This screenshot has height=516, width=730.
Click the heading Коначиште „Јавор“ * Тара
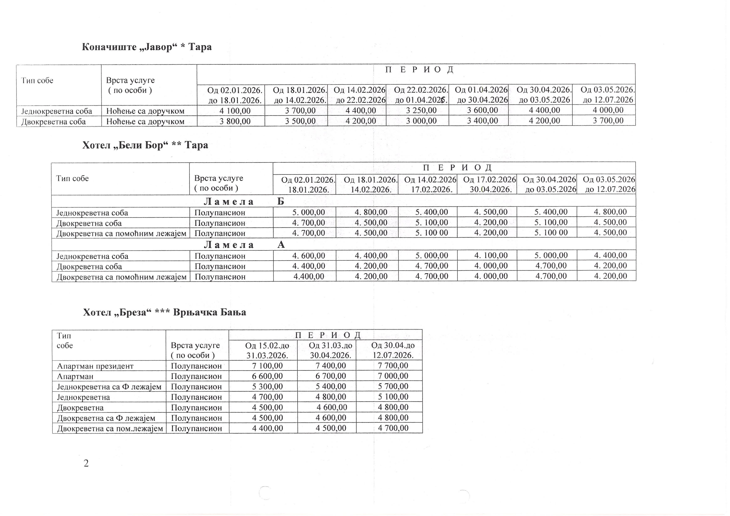click(147, 47)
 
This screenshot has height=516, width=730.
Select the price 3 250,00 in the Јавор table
click(421, 110)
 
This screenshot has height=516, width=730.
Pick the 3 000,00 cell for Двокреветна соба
click(421, 121)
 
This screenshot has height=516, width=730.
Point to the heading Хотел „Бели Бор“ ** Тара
click(145, 145)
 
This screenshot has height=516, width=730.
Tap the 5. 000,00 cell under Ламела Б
click(308, 212)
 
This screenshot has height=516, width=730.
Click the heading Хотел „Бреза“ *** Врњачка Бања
click(164, 312)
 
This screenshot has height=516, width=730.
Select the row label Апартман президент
click(95, 366)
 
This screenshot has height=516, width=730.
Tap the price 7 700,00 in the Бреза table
click(393, 366)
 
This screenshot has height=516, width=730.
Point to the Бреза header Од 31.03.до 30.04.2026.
click(331, 350)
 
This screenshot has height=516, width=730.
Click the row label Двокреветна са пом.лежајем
click(110, 429)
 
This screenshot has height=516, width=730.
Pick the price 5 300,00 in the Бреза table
click(267, 387)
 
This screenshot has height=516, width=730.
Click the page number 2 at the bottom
click(86, 464)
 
